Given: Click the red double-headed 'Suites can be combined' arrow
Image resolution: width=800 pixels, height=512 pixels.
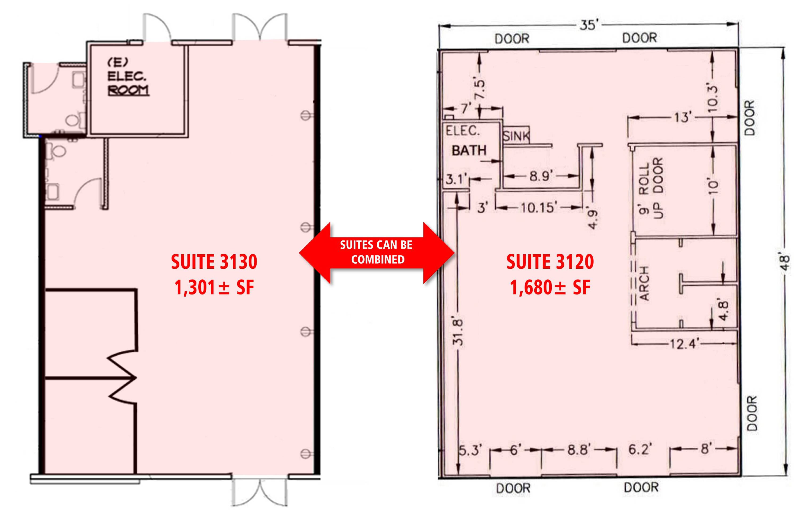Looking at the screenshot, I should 377,253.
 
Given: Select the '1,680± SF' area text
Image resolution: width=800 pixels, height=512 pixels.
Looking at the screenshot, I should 550,288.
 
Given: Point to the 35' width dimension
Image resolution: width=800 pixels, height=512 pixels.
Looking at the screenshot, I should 589,25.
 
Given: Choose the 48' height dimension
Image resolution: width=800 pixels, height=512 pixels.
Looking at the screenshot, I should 785,263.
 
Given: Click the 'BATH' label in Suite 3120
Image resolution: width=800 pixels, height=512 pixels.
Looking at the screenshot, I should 469,150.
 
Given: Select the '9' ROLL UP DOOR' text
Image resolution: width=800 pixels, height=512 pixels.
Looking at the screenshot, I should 650,188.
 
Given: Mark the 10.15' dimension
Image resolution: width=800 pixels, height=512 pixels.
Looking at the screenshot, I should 538,208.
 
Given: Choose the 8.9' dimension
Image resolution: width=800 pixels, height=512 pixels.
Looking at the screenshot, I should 541,176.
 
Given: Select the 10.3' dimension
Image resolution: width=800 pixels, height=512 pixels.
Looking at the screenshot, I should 713,99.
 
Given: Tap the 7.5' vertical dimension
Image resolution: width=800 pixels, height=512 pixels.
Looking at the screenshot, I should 480,89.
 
